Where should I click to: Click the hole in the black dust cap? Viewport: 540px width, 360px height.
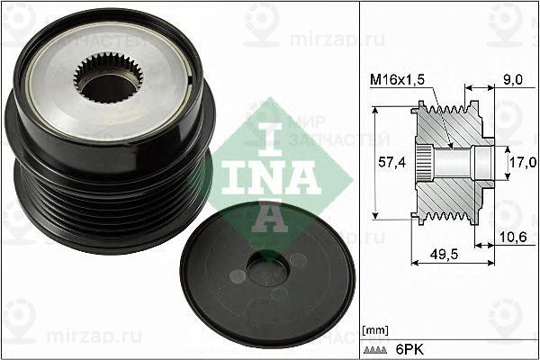[267, 269]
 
